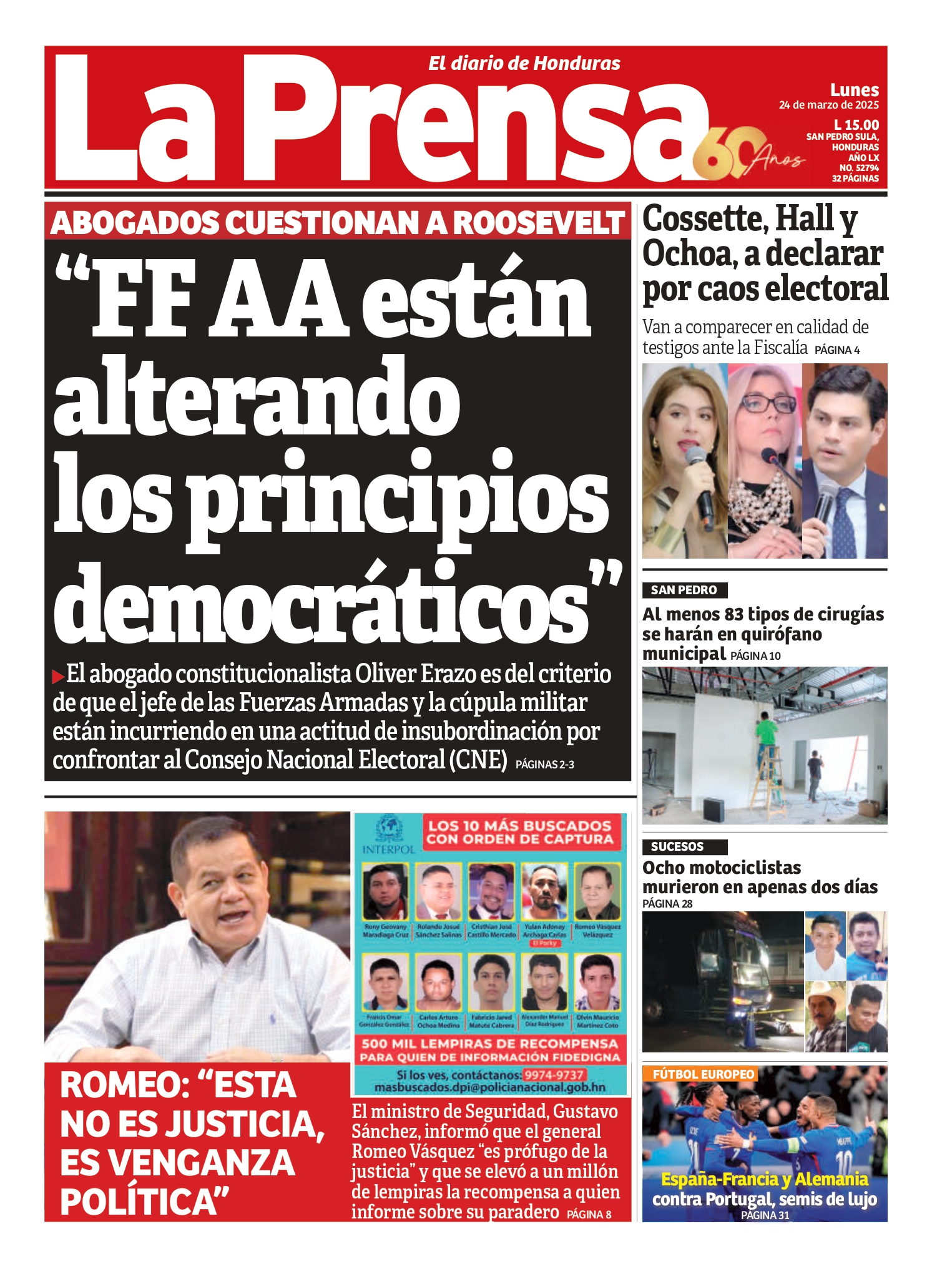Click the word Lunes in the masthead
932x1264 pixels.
854,90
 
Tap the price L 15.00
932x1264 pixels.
856,125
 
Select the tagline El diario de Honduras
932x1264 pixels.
524,63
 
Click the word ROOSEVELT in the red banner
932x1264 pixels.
538,223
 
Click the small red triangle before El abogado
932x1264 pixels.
58,675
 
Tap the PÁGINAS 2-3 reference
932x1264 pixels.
544,764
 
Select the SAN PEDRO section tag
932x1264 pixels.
684,590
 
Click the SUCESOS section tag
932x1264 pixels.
677,846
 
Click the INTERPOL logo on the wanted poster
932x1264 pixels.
388,836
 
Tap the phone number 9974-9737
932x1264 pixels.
554,1075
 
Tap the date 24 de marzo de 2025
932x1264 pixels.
828,105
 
